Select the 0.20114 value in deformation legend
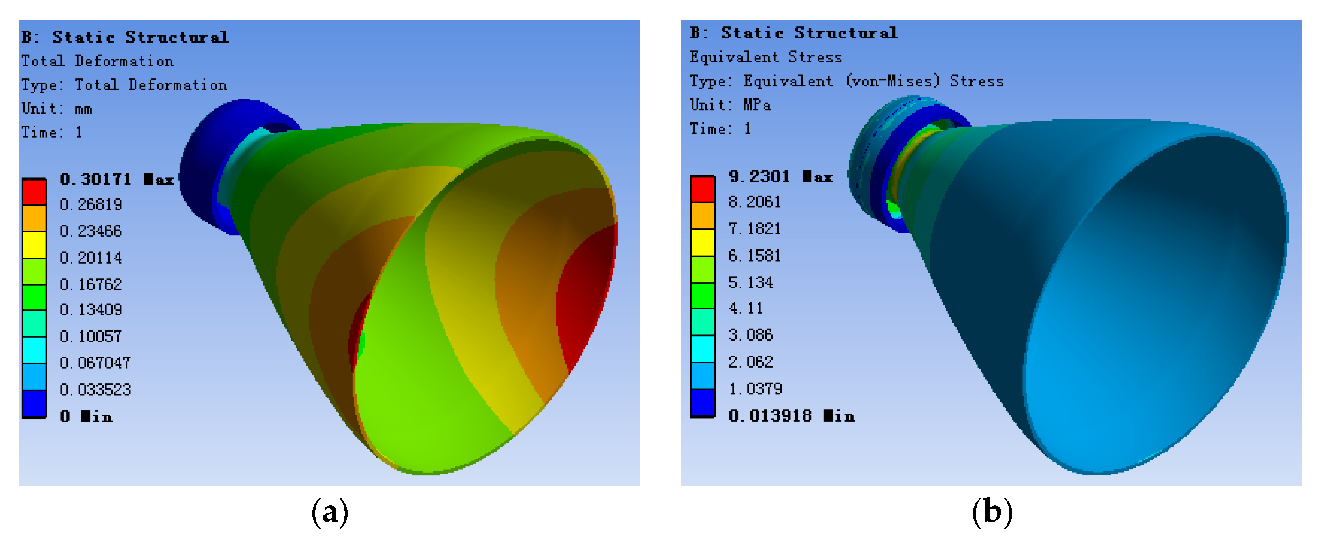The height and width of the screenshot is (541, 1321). coord(91,258)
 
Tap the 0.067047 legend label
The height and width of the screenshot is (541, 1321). coord(95,363)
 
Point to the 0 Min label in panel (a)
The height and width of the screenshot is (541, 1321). coord(86,416)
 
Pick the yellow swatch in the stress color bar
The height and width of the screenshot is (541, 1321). coord(703,242)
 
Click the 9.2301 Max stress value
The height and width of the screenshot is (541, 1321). coord(779,177)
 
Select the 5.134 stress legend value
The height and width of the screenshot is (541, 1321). coord(750,283)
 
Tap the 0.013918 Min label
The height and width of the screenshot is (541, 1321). coord(791,416)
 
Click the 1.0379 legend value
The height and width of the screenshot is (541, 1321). coord(755,389)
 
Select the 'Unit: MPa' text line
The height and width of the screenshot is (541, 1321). coord(730,105)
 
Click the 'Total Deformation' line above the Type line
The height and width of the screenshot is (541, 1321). coord(98,61)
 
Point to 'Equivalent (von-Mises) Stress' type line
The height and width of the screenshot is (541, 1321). coord(846,81)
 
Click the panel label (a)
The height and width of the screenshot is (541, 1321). coord(330,512)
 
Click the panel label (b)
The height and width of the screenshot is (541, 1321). coord(992,512)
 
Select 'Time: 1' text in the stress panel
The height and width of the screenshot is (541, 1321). coord(720,129)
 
